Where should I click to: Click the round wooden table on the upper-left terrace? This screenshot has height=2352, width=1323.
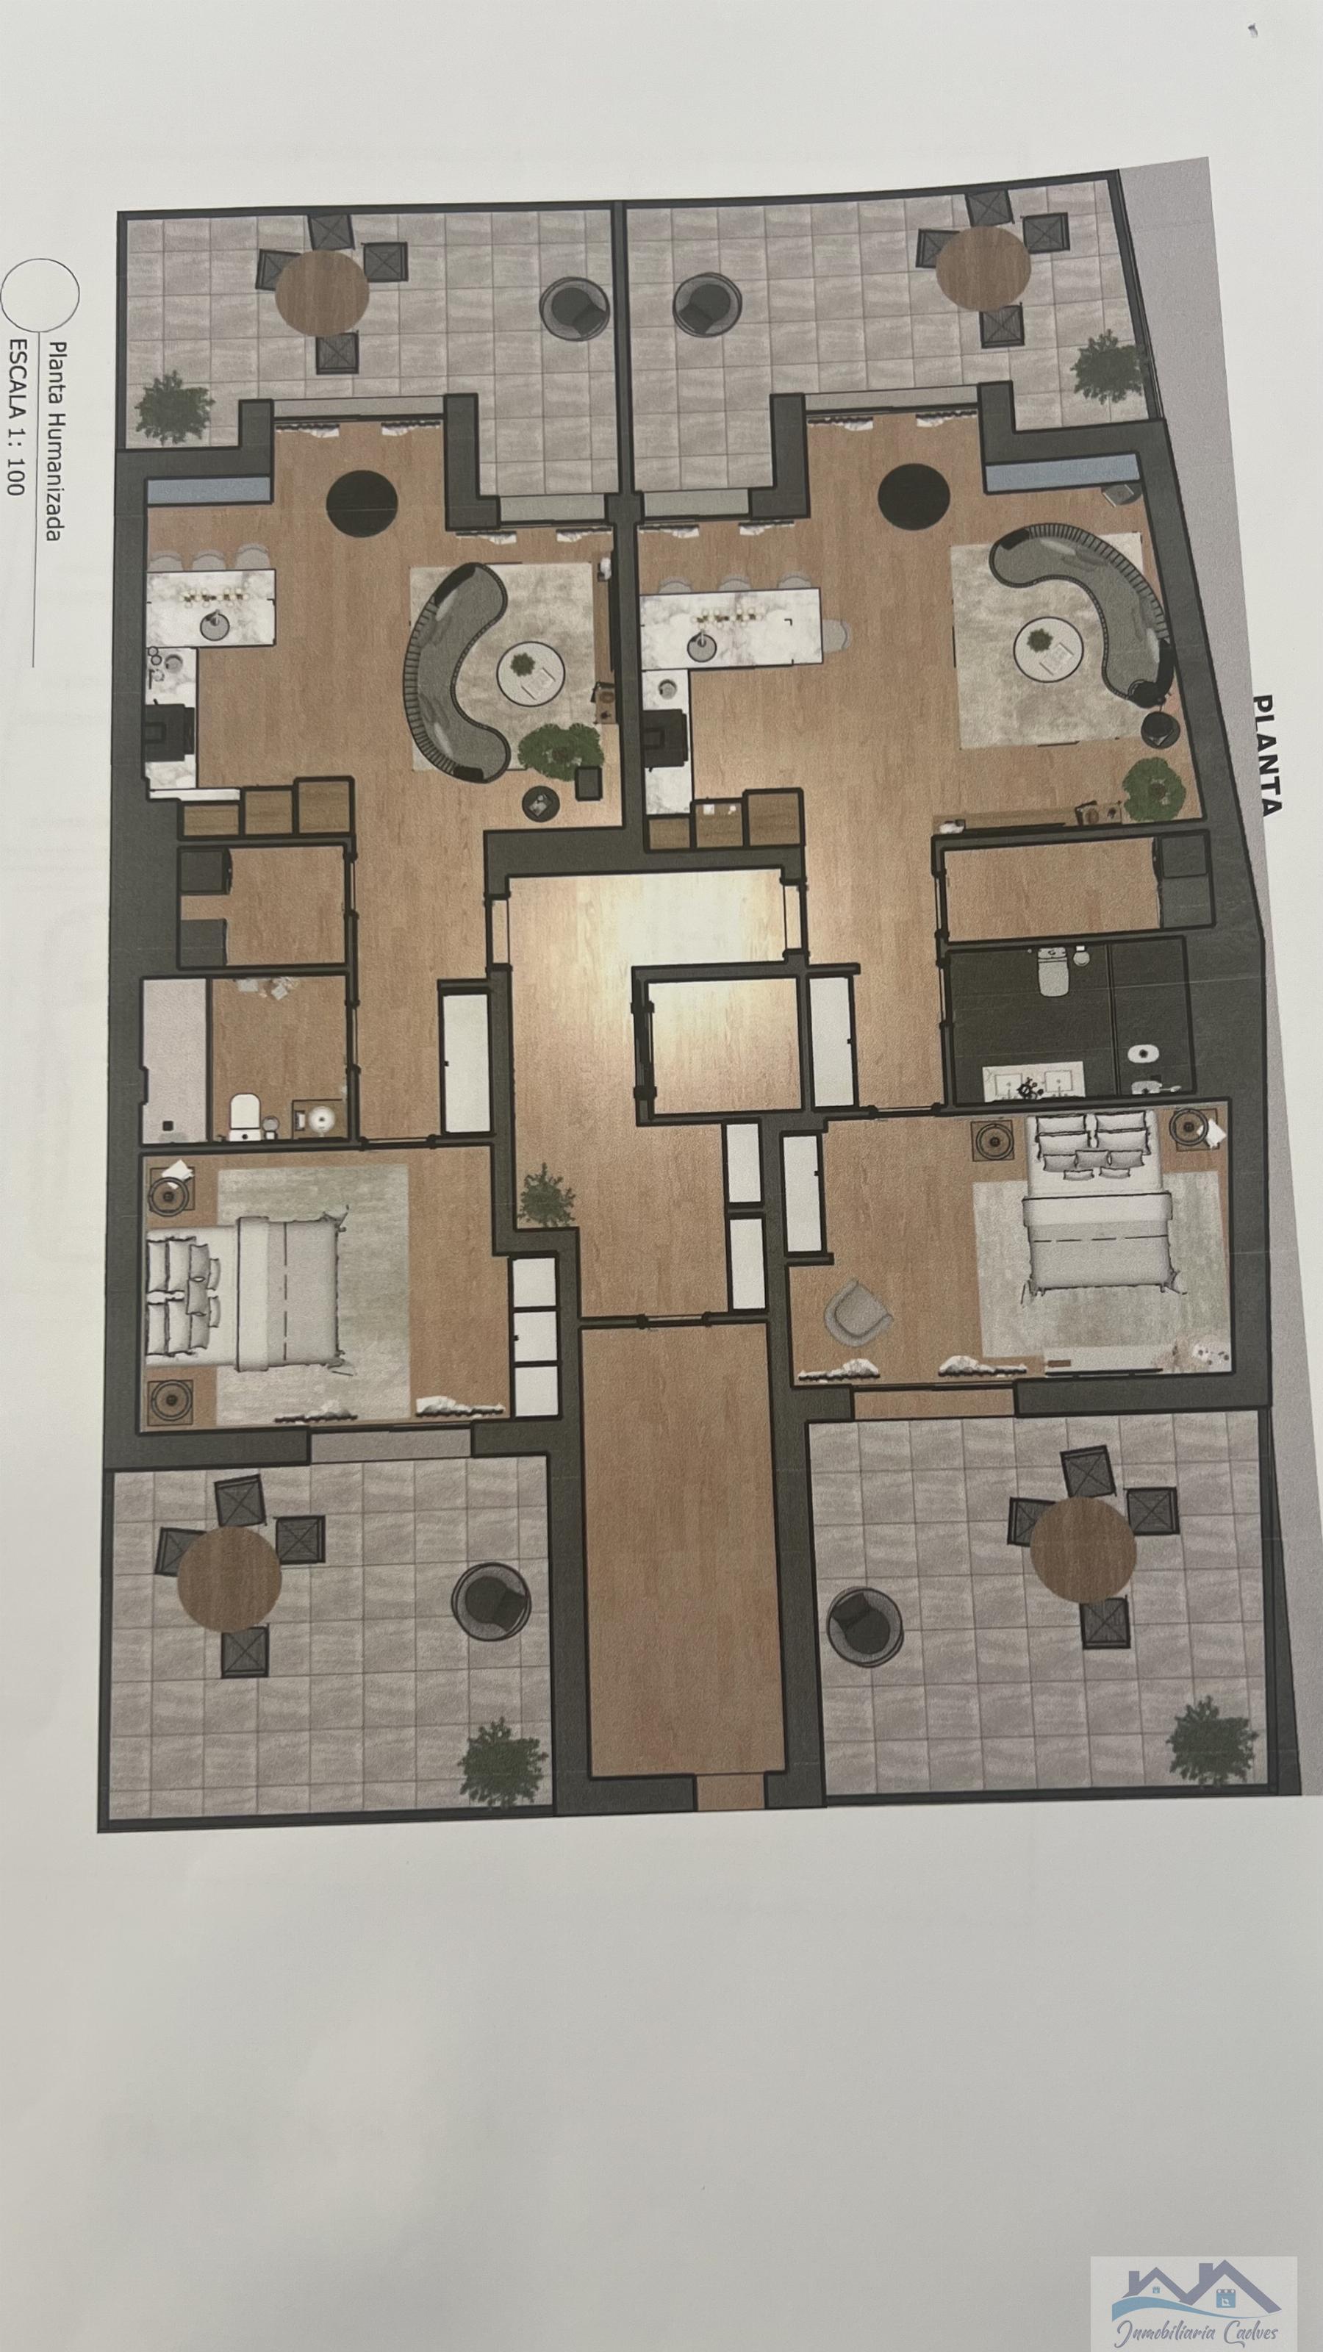[323, 293]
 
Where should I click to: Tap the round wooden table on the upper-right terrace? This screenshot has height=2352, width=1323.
[984, 268]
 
